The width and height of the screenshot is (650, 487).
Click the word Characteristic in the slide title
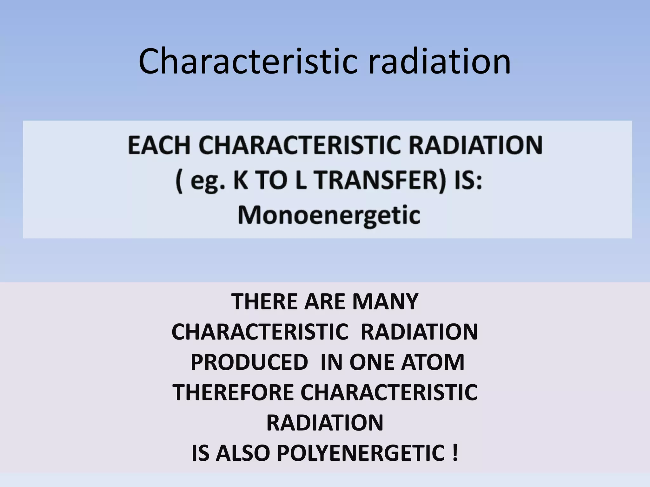246,62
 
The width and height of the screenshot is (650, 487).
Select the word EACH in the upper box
159,146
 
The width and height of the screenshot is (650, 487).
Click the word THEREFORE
233,393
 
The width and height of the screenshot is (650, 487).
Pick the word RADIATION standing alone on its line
325,423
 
